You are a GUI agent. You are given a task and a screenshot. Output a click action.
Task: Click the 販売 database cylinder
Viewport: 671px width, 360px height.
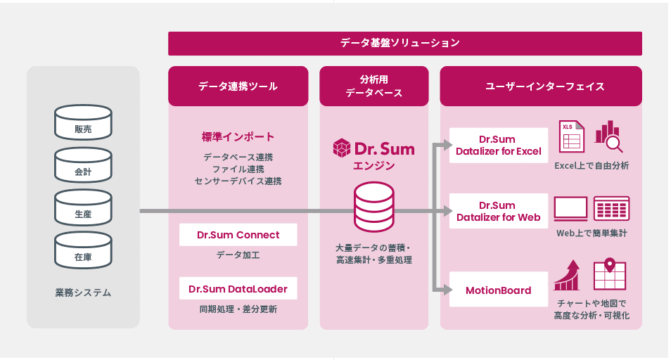tap(83, 122)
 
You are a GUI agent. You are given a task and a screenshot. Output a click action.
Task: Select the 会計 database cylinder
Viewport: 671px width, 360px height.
tap(83, 165)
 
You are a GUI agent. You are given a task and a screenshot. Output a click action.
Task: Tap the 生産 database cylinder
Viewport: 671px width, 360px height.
tap(83, 207)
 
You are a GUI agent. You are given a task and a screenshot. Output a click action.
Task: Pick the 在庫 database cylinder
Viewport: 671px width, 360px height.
tap(83, 250)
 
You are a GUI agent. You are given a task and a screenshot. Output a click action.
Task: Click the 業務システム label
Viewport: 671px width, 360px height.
tap(83, 293)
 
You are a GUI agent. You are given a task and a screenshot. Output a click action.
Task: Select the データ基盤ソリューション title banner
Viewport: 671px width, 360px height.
tap(405, 43)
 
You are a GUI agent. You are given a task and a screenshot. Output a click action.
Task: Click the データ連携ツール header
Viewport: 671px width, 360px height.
tap(238, 86)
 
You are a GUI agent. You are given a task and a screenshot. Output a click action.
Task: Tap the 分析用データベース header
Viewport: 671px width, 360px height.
tap(374, 86)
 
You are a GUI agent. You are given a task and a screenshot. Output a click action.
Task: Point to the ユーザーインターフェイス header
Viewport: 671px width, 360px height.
tap(541, 86)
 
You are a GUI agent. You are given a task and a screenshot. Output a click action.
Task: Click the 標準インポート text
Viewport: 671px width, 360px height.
tap(238, 137)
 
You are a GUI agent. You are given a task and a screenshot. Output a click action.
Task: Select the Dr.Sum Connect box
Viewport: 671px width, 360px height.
tap(238, 235)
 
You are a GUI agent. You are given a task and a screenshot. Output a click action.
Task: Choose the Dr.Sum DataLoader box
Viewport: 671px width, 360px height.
tap(238, 288)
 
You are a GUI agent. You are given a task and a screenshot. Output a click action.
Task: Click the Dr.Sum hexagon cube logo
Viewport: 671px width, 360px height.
tap(342, 148)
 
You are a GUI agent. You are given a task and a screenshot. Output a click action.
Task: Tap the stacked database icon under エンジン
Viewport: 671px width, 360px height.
tap(374, 207)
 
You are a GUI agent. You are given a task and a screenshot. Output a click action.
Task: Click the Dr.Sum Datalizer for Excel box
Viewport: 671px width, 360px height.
tap(499, 146)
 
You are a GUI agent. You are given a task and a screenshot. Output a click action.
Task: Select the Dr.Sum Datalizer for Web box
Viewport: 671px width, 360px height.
tap(499, 211)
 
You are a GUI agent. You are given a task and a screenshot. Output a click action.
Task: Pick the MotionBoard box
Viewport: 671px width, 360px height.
tap(499, 290)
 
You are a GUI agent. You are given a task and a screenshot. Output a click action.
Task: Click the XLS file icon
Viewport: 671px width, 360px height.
tap(572, 136)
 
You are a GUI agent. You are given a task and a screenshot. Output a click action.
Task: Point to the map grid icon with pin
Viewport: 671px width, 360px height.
tap(610, 274)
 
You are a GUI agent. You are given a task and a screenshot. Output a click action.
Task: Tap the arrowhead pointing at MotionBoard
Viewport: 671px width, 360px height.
tap(447, 290)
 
